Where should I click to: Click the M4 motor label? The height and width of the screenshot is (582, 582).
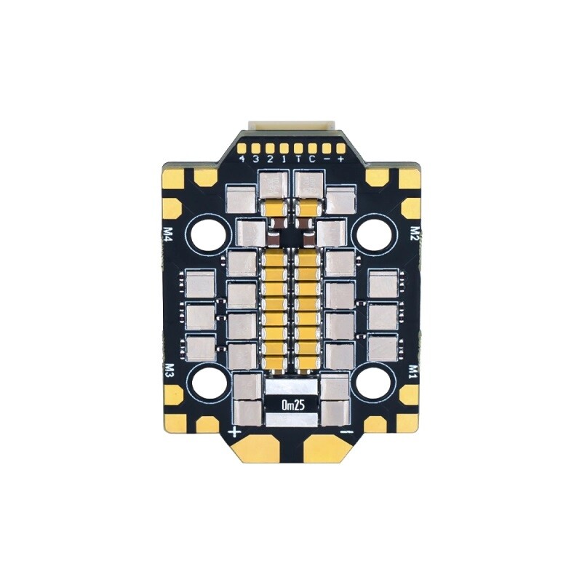169,234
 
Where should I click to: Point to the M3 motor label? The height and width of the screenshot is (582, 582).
169,371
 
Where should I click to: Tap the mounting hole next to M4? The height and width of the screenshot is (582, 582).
209,234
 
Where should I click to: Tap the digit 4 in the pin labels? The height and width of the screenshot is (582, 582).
242,159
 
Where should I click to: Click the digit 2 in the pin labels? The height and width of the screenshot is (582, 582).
271,159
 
